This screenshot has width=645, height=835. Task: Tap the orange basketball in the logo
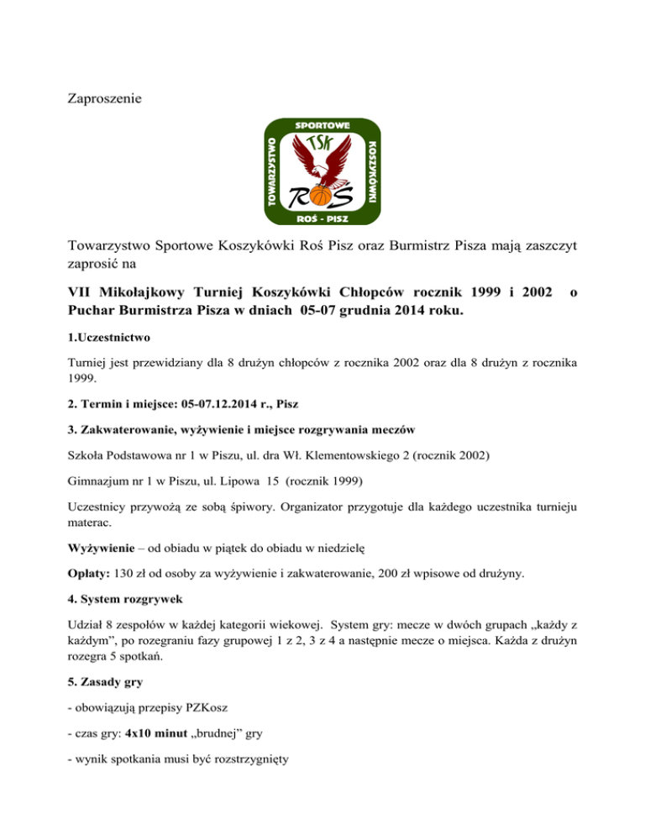pyautogui.click(x=321, y=197)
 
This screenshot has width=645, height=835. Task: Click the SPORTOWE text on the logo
pyautogui.click(x=322, y=127)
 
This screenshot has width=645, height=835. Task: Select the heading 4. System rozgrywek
pyautogui.click(x=124, y=601)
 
